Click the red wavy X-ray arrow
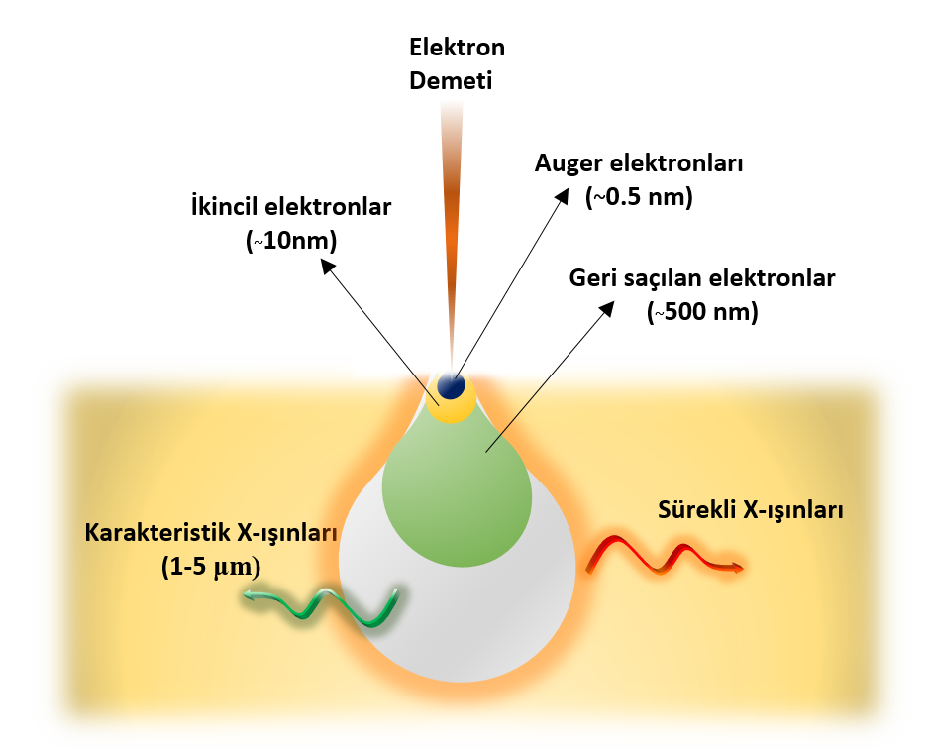tap(664, 557)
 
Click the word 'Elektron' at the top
tap(458, 48)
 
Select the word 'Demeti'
tap(451, 80)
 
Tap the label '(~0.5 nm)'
tap(640, 196)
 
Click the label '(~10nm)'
tap(291, 241)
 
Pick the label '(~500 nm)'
tap(702, 312)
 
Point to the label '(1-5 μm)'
tap(210, 567)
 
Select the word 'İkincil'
tap(225, 208)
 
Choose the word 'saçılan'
tap(662, 278)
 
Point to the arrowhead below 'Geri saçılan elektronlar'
tap(606, 310)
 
